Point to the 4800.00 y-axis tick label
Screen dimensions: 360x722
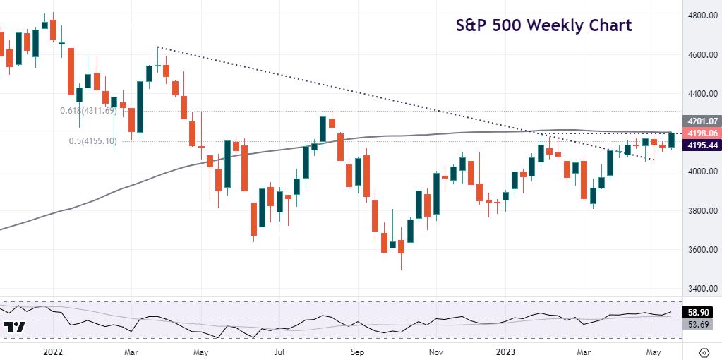coord(703,16)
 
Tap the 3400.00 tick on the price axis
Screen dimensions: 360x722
coord(703,289)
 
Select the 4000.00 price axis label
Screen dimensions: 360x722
coord(703,172)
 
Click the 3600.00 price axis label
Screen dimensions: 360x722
coord(703,250)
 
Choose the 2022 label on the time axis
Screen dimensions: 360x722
coord(52,351)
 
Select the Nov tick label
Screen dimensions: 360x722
coord(435,351)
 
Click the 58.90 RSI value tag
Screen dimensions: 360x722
coord(701,312)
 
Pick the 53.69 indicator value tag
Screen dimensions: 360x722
coord(701,324)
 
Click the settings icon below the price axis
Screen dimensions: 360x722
coord(704,352)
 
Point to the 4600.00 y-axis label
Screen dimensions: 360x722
coord(703,55)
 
